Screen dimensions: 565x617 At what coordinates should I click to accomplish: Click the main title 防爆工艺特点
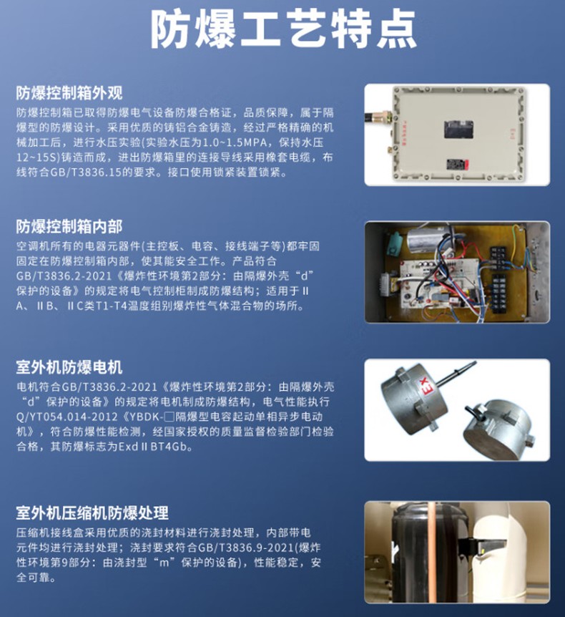283,29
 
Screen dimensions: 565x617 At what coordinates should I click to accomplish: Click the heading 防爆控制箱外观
69,93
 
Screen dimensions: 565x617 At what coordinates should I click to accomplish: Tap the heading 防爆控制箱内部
69,226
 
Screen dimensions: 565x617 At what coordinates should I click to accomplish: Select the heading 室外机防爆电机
69,367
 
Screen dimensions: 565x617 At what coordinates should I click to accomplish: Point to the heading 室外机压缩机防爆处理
92,512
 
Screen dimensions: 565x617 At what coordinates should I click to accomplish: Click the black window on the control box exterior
458,130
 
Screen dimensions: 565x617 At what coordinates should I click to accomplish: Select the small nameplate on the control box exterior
457,164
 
